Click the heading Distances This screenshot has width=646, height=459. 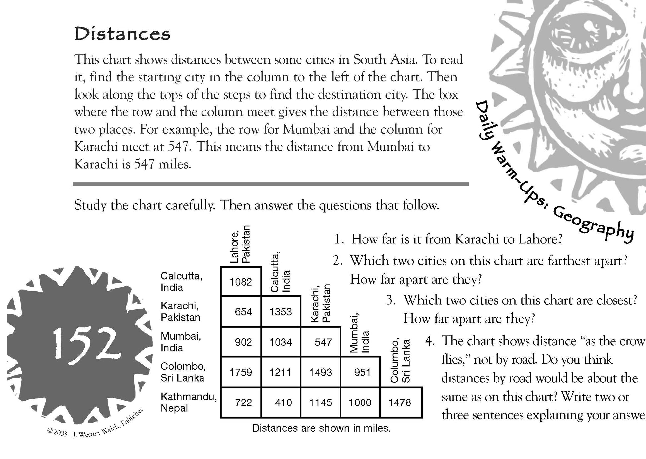tap(122, 34)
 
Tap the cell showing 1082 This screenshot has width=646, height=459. tap(241, 282)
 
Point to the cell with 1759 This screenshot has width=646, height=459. tap(241, 372)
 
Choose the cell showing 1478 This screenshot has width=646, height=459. tap(400, 402)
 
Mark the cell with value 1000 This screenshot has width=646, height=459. tap(360, 402)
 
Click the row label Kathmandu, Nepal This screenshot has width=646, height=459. tap(188, 402)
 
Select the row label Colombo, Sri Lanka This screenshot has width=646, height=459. tap(183, 372)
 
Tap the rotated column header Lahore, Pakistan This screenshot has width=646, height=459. tap(241, 245)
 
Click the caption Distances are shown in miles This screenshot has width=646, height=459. tap(321, 428)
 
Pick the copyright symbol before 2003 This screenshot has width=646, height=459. tap(50, 430)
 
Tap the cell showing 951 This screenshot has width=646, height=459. tap(362, 372)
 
